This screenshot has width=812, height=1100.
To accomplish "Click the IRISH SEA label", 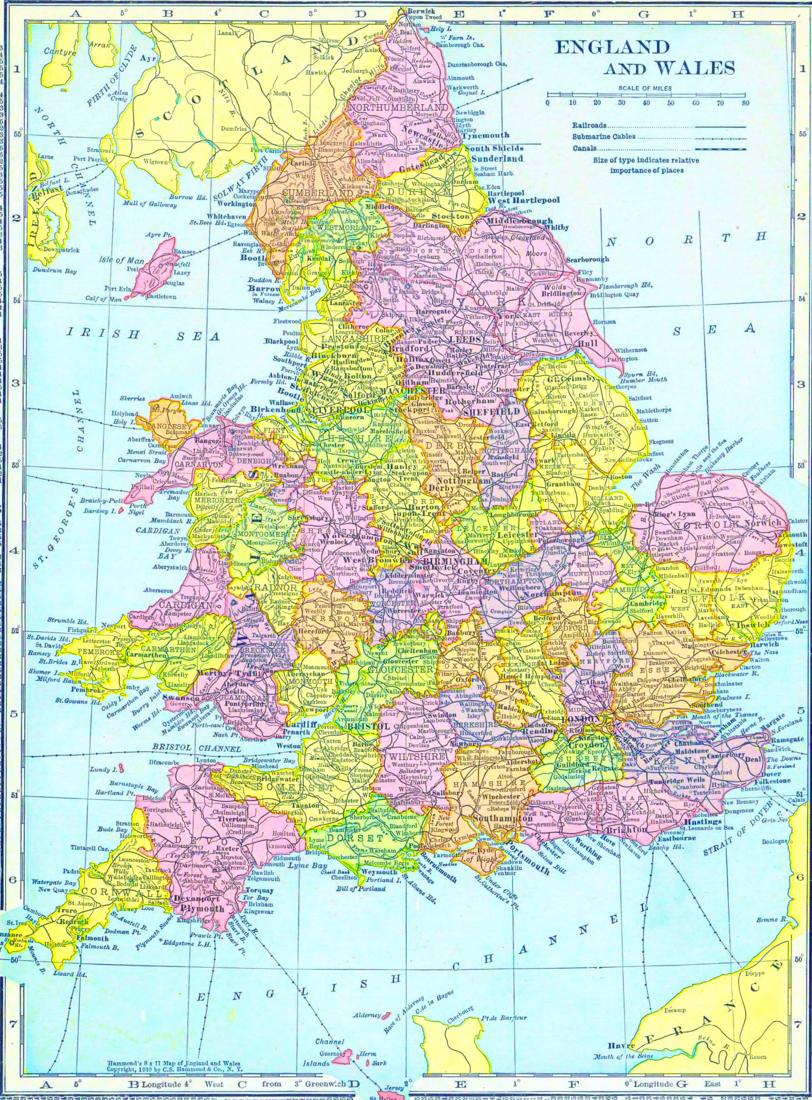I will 143,335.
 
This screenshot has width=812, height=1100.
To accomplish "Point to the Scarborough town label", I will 587,259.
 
